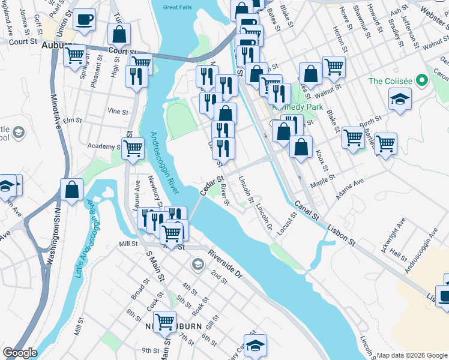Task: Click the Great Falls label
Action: [x=178, y=7]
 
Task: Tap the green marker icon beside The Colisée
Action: [x=422, y=80]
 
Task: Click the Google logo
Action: [x=19, y=353]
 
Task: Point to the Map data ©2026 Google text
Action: [x=412, y=355]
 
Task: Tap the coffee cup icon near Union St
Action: [x=84, y=19]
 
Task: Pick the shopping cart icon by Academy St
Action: [x=133, y=148]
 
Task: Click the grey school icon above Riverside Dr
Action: [x=197, y=264]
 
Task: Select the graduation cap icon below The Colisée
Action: [x=400, y=98]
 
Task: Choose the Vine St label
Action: [x=118, y=111]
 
